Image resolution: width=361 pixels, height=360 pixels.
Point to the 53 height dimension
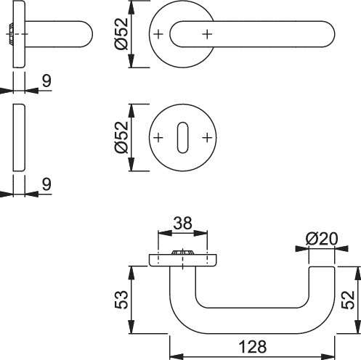pos(121,298)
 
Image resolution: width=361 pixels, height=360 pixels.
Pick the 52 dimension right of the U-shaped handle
pos(349,298)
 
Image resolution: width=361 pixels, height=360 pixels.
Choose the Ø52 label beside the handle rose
pos(121,34)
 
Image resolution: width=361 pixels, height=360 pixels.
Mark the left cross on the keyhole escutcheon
pos(158,138)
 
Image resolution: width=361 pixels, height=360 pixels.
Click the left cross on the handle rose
pos(158,34)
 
